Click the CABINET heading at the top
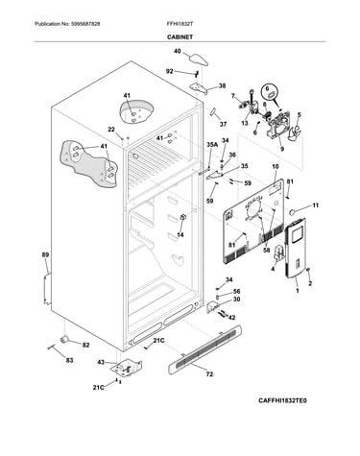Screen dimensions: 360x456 180,37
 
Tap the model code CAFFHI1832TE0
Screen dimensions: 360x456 282,400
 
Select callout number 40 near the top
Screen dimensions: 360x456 178,51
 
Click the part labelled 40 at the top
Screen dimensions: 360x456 199,60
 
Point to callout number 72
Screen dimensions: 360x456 209,374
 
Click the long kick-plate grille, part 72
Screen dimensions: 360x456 204,349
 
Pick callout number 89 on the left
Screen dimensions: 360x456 45,255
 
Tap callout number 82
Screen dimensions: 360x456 85,346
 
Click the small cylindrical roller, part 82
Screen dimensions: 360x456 65,339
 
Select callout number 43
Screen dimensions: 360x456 101,362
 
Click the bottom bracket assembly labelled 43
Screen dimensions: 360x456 127,368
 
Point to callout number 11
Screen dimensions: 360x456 316,205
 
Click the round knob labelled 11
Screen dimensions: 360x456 292,211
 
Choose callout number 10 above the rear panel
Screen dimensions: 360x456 276,167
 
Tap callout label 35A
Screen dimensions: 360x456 212,145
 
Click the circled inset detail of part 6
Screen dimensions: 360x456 271,91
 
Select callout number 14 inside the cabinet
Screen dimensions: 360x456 180,235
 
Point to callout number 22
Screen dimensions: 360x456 111,130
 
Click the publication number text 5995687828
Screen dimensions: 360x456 84,24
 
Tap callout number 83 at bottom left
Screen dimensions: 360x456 69,360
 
